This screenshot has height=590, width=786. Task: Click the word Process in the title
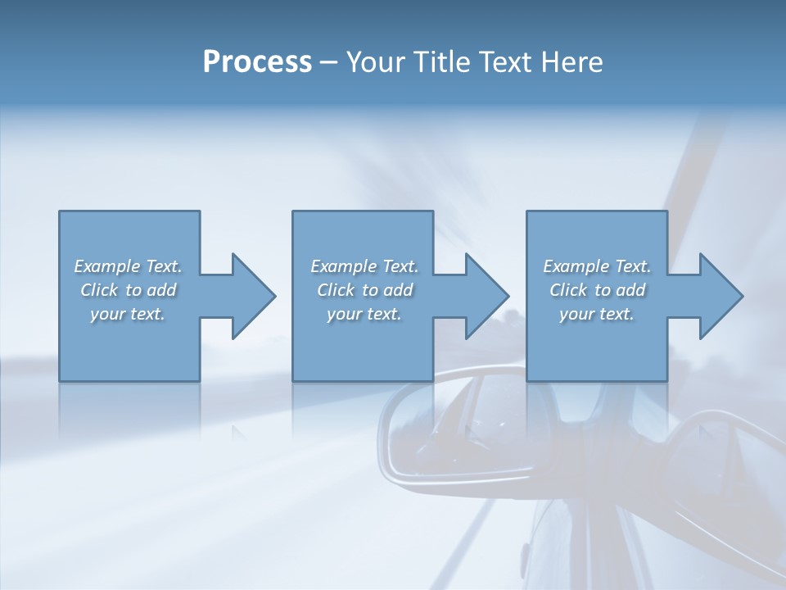pyautogui.click(x=257, y=62)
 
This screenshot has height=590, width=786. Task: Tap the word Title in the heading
pyautogui.click(x=439, y=62)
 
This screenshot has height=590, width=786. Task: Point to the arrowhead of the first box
pyautogui.click(x=254, y=296)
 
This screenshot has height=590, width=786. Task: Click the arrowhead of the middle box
pyautogui.click(x=487, y=296)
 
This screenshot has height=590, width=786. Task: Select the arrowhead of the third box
pyautogui.click(x=721, y=296)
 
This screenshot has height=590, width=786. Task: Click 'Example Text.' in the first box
pyautogui.click(x=128, y=266)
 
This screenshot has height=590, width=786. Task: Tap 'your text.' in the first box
pyautogui.click(x=128, y=314)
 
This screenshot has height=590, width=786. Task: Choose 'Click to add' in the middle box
pyautogui.click(x=364, y=290)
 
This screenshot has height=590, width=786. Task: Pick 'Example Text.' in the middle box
pyautogui.click(x=364, y=266)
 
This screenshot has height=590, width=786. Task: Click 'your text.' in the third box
pyautogui.click(x=597, y=314)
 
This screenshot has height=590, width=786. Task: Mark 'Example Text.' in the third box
pyautogui.click(x=597, y=266)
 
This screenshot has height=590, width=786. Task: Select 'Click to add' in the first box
pyautogui.click(x=128, y=290)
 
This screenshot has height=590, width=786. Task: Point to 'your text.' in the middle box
pyautogui.click(x=364, y=314)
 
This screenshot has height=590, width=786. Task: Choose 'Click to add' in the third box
pyautogui.click(x=597, y=290)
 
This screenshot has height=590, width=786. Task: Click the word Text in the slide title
pyautogui.click(x=503, y=62)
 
